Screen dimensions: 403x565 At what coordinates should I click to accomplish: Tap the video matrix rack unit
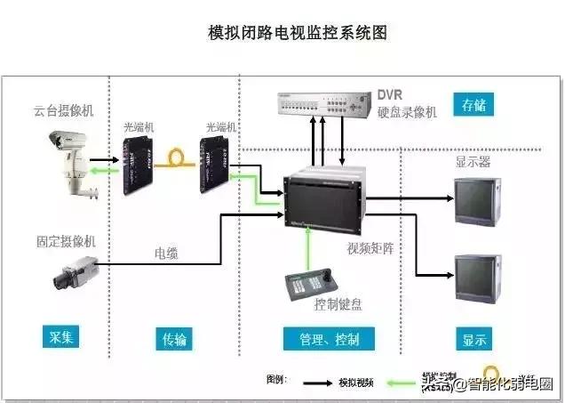point(325,197)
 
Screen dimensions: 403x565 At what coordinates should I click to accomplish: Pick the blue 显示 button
point(474,338)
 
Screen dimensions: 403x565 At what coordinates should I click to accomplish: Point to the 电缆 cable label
point(166,253)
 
